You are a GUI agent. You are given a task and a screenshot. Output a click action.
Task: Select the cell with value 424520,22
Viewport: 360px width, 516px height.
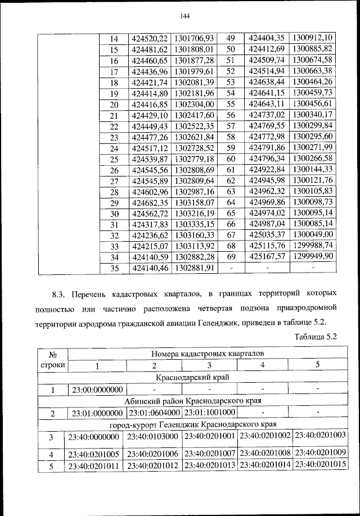coord(149,38)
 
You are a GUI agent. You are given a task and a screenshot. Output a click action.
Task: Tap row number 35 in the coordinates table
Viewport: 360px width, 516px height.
coord(114,269)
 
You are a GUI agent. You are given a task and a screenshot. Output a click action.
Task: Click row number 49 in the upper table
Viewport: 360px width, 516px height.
coord(229,38)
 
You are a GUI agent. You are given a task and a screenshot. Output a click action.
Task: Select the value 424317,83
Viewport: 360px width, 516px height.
coord(149,225)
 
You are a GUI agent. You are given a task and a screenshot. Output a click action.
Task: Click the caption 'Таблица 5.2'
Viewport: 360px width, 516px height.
coord(315,337)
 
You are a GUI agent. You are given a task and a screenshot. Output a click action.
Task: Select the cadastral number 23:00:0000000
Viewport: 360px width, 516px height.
coord(97,389)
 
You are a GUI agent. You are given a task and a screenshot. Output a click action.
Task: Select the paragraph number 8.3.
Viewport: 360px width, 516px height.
coord(60,293)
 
